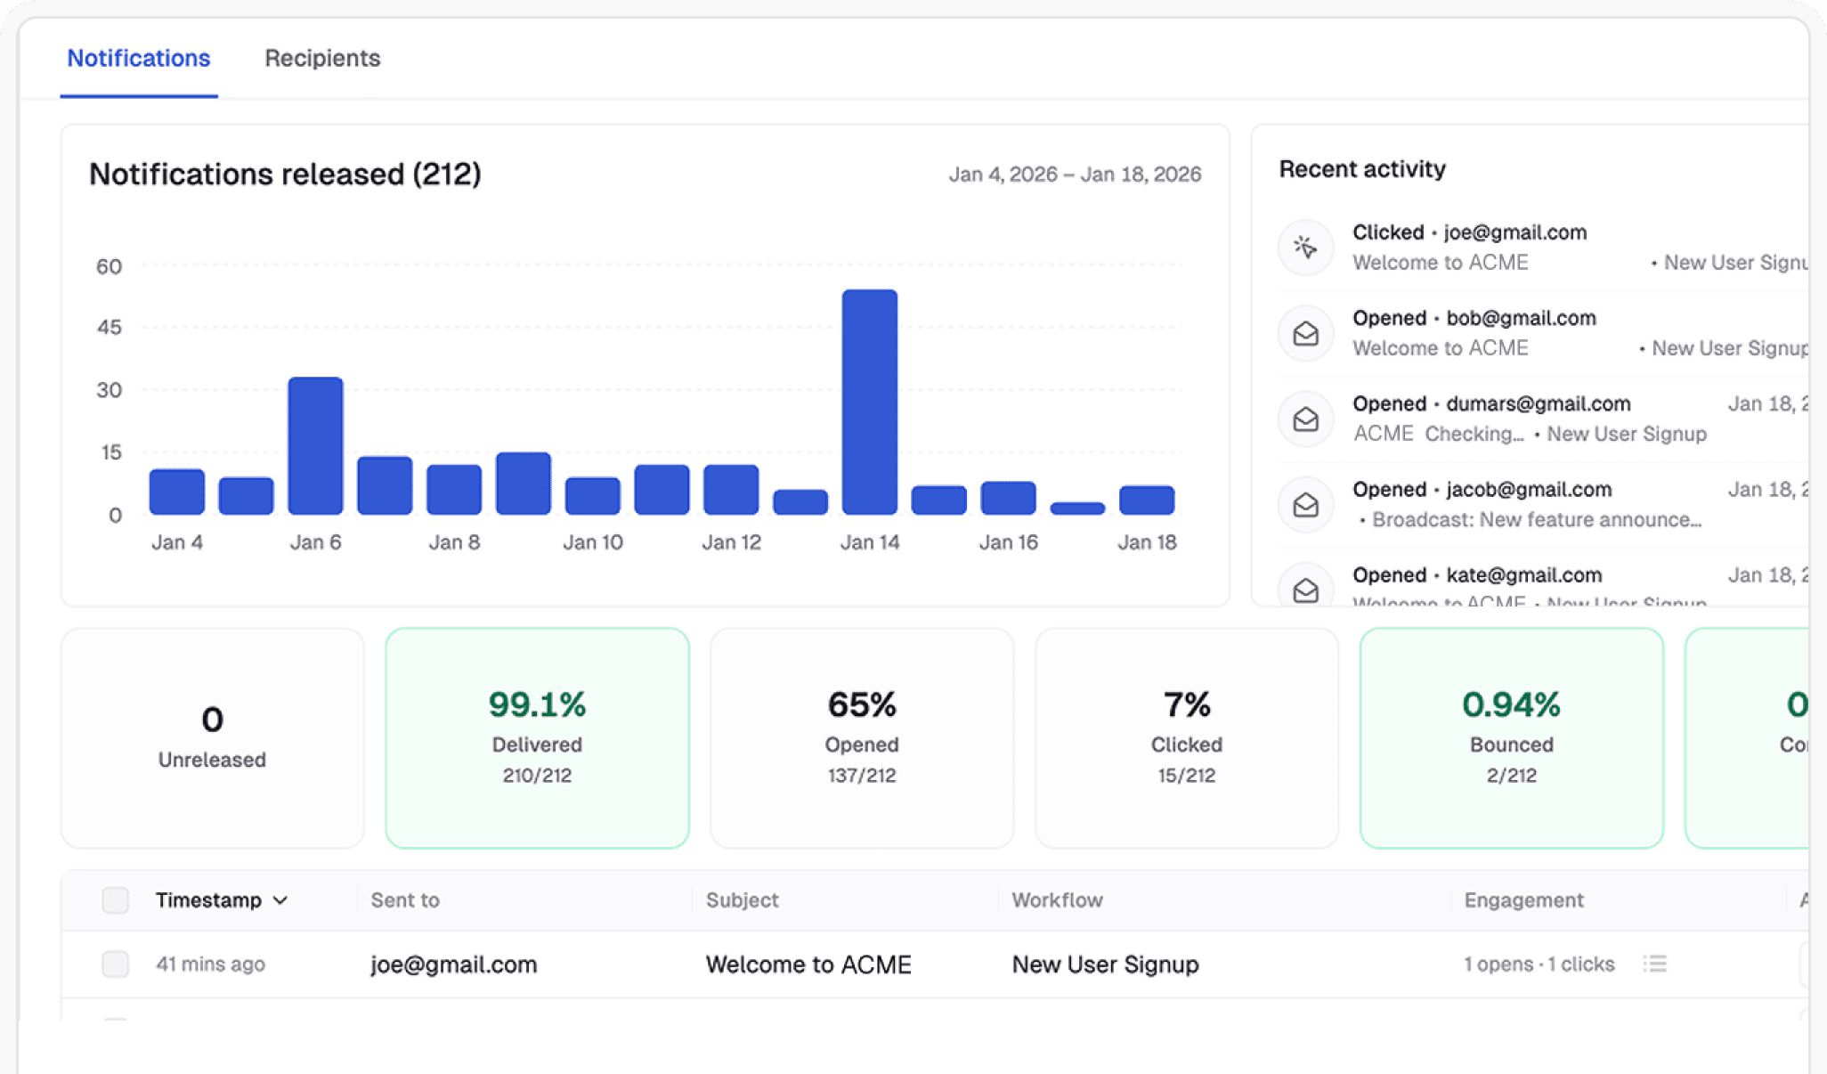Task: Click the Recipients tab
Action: [322, 59]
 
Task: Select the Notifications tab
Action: [139, 59]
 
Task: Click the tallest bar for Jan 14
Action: [869, 401]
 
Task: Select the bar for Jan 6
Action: [315, 445]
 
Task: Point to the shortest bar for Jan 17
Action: [1077, 509]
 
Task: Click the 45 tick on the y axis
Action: [110, 328]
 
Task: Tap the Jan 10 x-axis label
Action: [592, 542]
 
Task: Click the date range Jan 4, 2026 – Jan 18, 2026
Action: [1075, 175]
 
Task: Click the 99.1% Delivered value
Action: [537, 704]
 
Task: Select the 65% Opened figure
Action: [861, 704]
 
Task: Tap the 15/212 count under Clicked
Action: [1186, 776]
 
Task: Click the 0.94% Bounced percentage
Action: [1511, 704]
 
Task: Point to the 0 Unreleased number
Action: [212, 720]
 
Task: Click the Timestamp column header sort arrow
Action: [280, 900]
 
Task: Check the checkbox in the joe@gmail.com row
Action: [116, 964]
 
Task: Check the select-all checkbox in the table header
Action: [116, 900]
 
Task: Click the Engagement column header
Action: [1523, 900]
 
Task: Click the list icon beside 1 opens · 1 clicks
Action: [1654, 964]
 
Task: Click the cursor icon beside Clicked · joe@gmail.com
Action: [1305, 247]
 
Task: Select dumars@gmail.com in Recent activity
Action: [1538, 404]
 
